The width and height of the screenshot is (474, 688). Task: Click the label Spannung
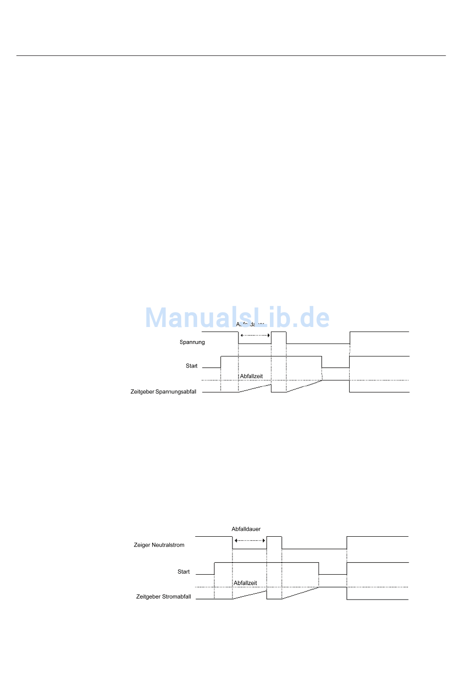(x=192, y=343)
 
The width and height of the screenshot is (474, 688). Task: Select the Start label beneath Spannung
(x=192, y=366)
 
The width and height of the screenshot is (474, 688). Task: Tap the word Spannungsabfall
(x=176, y=392)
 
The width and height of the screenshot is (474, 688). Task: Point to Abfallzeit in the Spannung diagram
(x=251, y=376)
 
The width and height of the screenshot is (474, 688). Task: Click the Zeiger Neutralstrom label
(x=159, y=545)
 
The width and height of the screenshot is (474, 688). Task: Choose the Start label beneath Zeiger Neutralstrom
(x=184, y=572)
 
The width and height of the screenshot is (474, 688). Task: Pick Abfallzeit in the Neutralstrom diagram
(x=245, y=583)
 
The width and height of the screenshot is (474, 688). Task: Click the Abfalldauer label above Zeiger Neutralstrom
(x=246, y=529)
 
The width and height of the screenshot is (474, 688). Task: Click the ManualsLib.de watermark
(x=237, y=318)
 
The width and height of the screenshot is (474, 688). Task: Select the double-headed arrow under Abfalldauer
(x=250, y=541)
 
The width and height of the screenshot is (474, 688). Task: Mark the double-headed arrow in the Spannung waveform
(x=255, y=336)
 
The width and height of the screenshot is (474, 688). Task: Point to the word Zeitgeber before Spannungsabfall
(x=142, y=392)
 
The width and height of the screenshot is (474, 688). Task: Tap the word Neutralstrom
(x=168, y=545)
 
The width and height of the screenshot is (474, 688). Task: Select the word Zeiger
(x=142, y=545)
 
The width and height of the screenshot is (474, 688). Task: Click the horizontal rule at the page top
(x=231, y=55)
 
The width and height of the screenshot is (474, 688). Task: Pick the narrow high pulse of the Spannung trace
(x=278, y=333)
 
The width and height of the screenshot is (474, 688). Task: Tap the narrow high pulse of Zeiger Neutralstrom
(x=274, y=537)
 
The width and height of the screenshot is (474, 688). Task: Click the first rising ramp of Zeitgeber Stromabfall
(x=249, y=595)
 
